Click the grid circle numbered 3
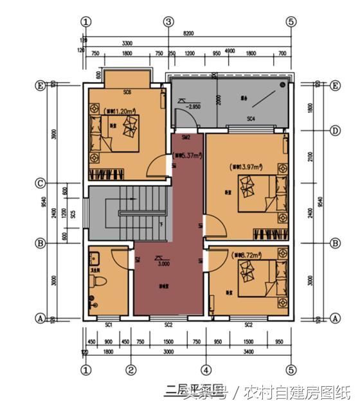(168, 21)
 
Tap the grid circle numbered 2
(130, 369)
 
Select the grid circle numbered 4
(206, 369)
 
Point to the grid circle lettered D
(335, 130)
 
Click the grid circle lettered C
(40, 183)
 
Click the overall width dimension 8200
(188, 32)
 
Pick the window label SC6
(127, 92)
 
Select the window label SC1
(109, 324)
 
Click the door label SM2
(186, 137)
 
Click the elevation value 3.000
(164, 263)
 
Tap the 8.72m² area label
(246, 255)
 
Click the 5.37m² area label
(187, 155)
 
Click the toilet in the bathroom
(97, 283)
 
